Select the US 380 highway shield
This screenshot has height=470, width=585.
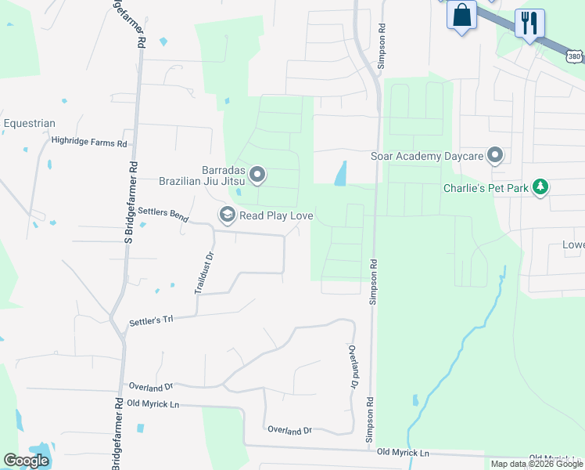coord(575,56)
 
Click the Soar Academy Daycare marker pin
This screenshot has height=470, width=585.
coord(494,156)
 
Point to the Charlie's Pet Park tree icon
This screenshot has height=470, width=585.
coord(540,187)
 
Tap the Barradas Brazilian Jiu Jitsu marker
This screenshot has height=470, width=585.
coord(257,175)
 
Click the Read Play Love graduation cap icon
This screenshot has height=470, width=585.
coord(227,215)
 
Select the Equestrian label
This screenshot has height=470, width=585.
coord(29,124)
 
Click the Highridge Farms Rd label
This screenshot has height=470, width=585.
coord(88,143)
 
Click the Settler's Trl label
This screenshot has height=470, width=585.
coord(150,321)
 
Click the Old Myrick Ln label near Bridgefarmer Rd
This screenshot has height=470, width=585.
coord(153,403)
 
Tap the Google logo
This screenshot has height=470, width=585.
coord(27,461)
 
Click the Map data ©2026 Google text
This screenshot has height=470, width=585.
coord(537,464)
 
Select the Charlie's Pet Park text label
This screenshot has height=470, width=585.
coord(485,188)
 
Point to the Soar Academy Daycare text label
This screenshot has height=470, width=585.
coord(426,157)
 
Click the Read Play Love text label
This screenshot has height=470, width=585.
coord(276,215)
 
